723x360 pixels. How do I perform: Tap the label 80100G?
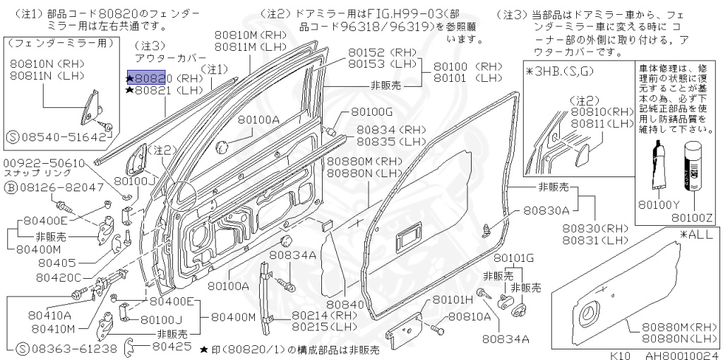[x=371, y=112]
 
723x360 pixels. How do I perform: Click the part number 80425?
[x=172, y=347]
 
